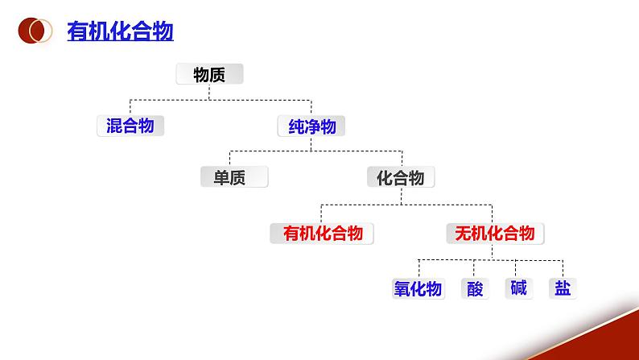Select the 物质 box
click(209, 75)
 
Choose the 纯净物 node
click(311, 126)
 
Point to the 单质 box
click(233, 177)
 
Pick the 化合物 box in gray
click(401, 177)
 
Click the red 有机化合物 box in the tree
click(322, 234)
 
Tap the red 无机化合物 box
click(494, 234)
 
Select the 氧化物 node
click(418, 288)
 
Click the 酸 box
click(476, 288)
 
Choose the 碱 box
click(518, 288)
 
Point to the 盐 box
click(563, 288)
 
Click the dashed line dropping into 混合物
click(130, 107)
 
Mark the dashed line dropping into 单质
click(230, 159)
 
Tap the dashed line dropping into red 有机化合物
click(321, 213)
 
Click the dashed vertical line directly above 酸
click(476, 269)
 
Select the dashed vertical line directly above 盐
click(563, 269)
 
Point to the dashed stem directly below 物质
click(209, 91)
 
